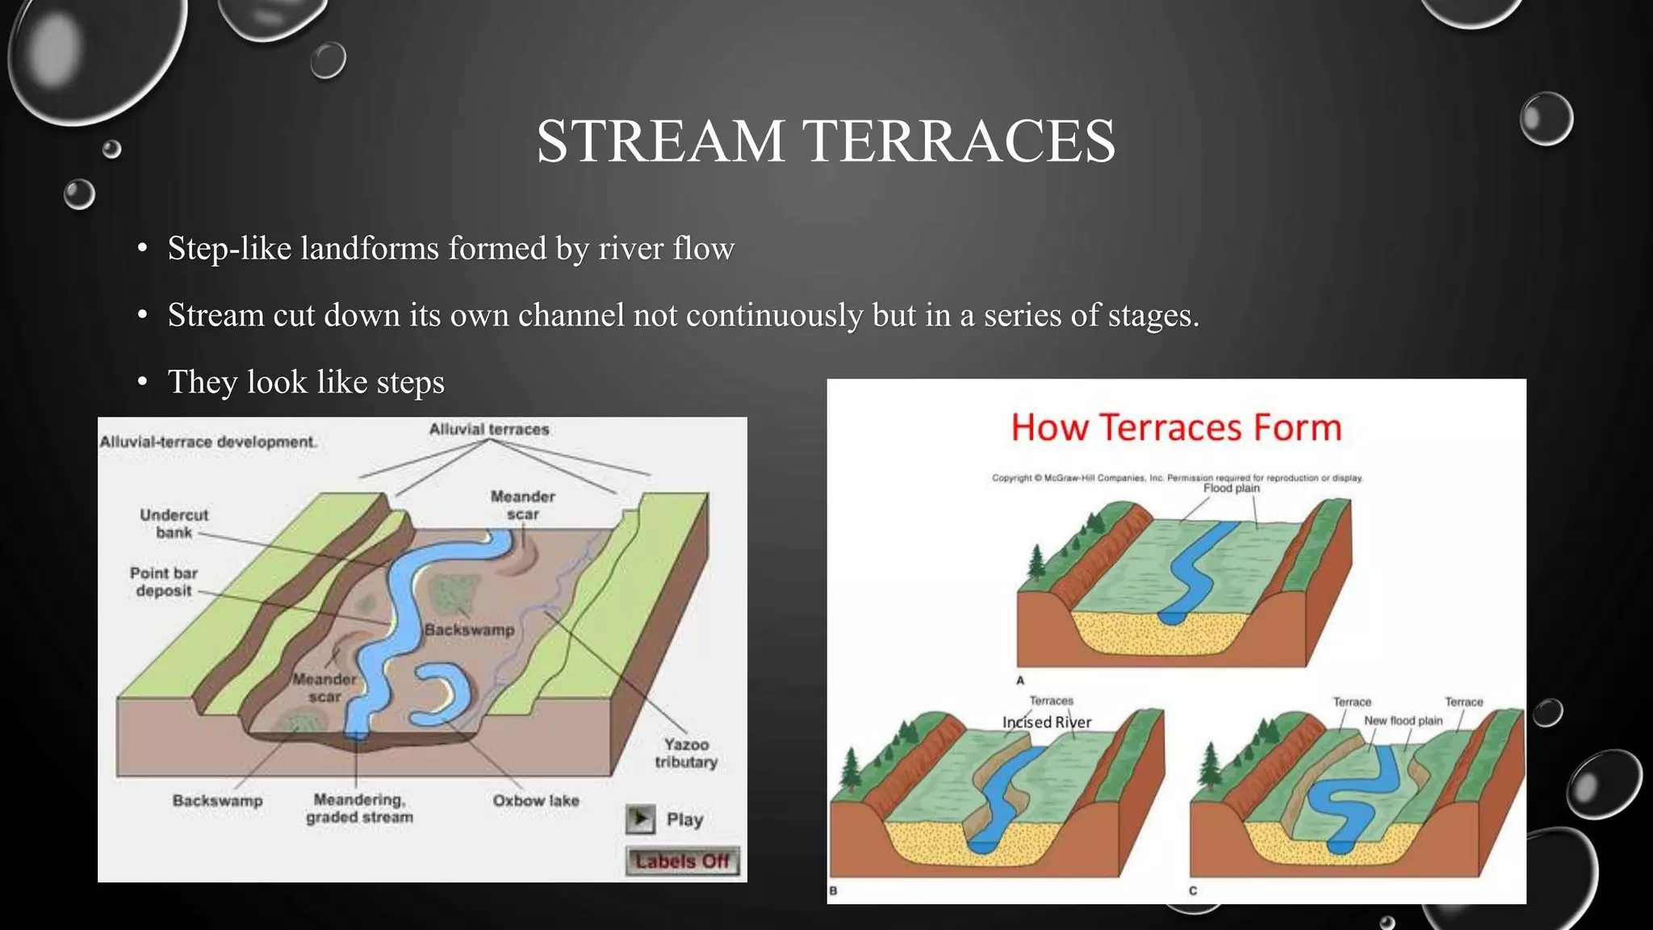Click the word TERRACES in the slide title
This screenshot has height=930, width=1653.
959,141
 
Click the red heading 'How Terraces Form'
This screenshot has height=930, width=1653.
1176,427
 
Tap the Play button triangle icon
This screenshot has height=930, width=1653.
640,819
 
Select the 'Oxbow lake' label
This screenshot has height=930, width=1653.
536,800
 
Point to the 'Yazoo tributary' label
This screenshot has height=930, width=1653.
686,752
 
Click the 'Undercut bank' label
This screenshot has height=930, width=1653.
174,523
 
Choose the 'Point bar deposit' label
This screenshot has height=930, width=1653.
164,581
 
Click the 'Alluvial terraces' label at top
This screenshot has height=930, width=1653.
489,429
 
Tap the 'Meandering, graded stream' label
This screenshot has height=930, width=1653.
359,808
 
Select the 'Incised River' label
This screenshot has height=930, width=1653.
1046,722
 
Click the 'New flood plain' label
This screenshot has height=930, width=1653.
1403,720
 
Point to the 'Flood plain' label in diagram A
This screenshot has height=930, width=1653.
1231,488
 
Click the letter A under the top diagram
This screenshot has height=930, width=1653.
1020,681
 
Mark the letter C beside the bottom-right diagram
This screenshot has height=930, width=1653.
1193,890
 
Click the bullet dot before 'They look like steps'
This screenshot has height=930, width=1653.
142,382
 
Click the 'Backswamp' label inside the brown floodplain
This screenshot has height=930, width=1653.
469,629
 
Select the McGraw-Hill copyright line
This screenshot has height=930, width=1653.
1177,478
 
